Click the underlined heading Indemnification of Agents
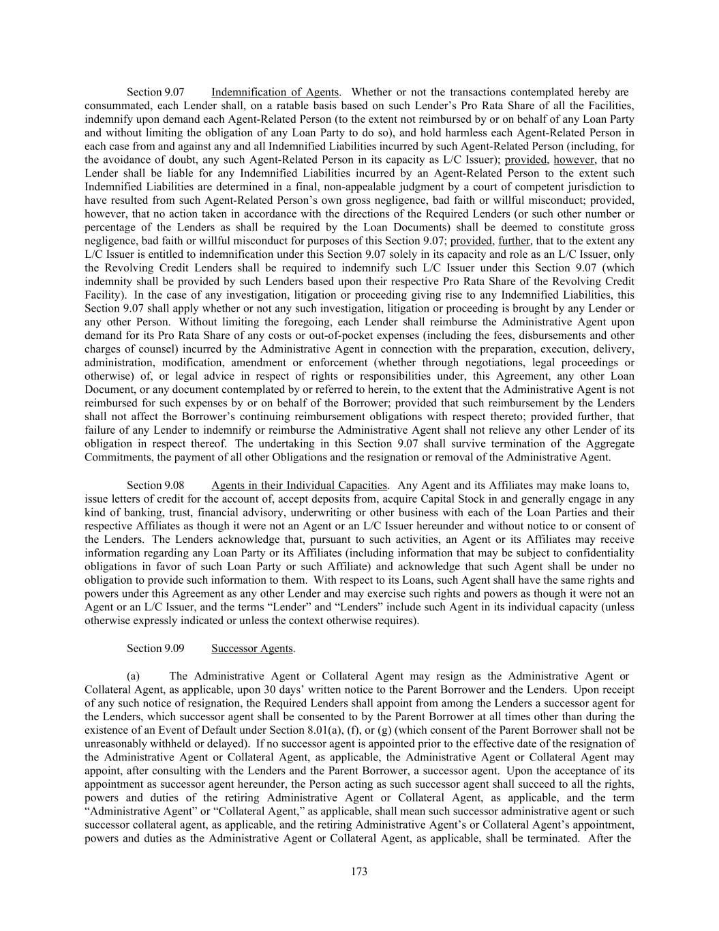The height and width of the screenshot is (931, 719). point(275,92)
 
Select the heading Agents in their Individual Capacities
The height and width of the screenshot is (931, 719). point(299,486)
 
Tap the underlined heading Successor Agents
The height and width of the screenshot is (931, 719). point(252,649)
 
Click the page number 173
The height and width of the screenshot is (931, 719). point(359,872)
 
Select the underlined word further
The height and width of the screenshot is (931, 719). point(514,241)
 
